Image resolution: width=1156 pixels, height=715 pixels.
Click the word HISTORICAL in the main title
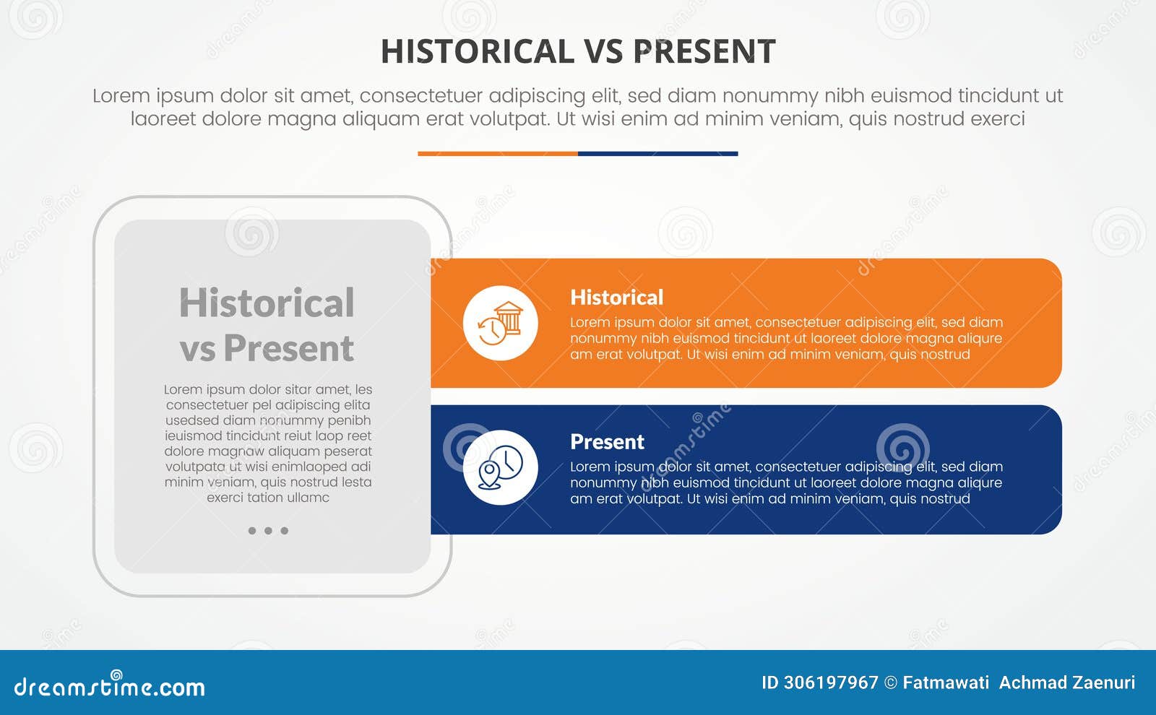point(477,52)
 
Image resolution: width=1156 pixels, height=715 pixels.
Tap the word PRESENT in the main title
point(704,52)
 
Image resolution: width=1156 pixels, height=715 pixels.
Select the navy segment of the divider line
point(657,154)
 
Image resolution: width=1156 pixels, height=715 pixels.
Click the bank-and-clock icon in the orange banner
point(500,323)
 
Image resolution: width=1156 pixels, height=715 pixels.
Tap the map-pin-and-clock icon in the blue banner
point(500,467)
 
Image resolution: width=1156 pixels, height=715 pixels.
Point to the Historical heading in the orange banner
point(616,298)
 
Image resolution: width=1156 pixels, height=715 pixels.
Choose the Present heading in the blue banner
point(607,442)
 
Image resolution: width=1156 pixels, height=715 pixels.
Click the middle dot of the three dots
point(268,531)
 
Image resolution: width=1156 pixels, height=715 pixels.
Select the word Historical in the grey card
point(267,303)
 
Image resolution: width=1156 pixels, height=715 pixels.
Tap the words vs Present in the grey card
point(267,348)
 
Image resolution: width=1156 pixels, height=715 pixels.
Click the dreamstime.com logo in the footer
point(109,686)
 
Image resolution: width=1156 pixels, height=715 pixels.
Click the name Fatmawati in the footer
point(946,682)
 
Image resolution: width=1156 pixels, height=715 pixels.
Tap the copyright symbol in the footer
point(891,682)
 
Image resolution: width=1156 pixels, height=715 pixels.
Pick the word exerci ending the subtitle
point(998,118)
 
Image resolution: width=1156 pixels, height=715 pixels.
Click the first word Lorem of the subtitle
point(121,95)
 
